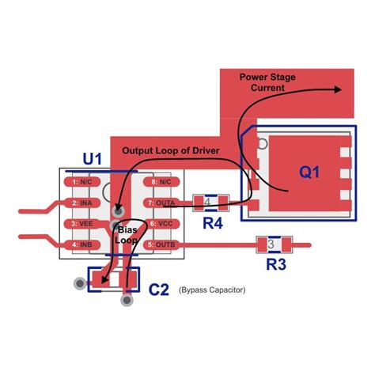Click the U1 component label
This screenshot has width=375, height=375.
[93, 159]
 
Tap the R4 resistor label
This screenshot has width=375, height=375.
[212, 223]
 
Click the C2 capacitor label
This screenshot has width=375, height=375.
[159, 290]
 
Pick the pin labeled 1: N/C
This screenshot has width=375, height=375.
[82, 183]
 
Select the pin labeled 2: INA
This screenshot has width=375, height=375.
[82, 203]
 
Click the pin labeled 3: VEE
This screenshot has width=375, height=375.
[82, 224]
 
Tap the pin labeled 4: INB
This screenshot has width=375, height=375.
[82, 244]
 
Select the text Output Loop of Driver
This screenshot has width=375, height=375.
[171, 150]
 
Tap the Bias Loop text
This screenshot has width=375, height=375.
[127, 233]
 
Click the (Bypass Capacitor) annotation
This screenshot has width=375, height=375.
[212, 290]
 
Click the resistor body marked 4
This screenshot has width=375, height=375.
[208, 202]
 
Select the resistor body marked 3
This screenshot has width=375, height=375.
[271, 244]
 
